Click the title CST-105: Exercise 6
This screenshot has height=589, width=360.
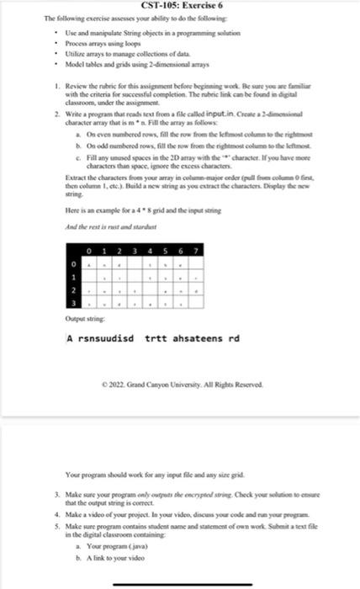178,7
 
